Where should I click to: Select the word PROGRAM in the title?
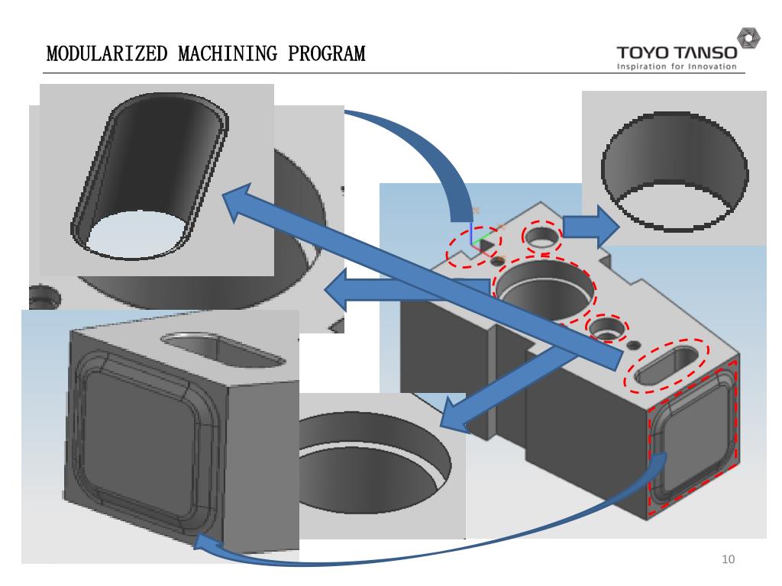(x=327, y=55)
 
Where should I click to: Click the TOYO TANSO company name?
(x=677, y=53)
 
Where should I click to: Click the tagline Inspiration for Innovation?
(x=677, y=66)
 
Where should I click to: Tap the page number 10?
(x=728, y=561)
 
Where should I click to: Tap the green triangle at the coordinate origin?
(x=482, y=244)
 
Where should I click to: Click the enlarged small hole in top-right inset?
(x=674, y=172)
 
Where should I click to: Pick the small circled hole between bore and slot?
(x=607, y=328)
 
